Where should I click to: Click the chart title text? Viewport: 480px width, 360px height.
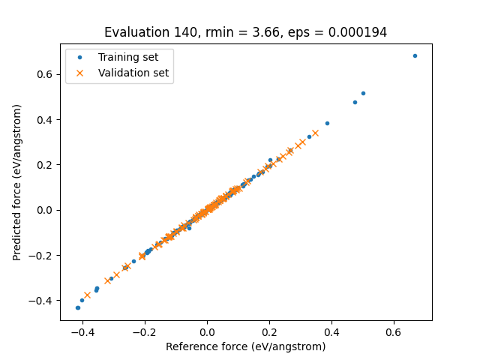click(245, 32)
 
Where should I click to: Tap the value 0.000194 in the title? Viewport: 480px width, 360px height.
click(361, 32)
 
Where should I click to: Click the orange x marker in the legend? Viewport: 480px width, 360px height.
click(81, 73)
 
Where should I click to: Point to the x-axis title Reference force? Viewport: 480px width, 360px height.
click(245, 346)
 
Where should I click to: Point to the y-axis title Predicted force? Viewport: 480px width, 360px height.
click(17, 182)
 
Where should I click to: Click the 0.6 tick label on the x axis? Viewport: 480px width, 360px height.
click(394, 331)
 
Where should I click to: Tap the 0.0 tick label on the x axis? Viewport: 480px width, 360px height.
click(207, 331)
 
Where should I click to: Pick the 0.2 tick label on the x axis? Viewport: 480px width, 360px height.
click(269, 331)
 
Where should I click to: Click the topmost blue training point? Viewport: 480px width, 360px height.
click(415, 55)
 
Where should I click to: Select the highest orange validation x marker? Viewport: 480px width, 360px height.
click(315, 133)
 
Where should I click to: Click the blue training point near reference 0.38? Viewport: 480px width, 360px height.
click(327, 123)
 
